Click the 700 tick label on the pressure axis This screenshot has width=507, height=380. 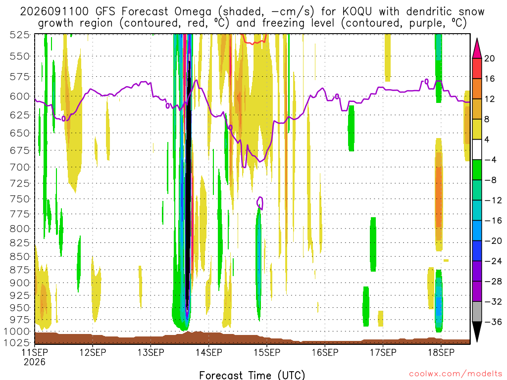pyautogui.click(x=20, y=167)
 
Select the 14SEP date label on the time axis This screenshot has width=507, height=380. pyautogui.click(x=209, y=352)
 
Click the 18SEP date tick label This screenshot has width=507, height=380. pyautogui.click(x=441, y=352)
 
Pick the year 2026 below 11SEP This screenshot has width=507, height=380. pyautogui.click(x=35, y=362)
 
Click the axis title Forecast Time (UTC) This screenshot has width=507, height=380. pyautogui.click(x=252, y=375)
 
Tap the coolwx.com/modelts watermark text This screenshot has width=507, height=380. pyautogui.click(x=456, y=374)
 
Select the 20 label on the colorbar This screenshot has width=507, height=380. pyautogui.click(x=490, y=58)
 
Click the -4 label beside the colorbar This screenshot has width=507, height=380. pyautogui.click(x=491, y=160)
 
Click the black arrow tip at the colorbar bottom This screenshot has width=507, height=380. pyautogui.click(x=477, y=341)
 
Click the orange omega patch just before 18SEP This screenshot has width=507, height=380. pyautogui.click(x=439, y=197)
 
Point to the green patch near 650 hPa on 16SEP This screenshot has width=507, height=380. pyautogui.click(x=351, y=128)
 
